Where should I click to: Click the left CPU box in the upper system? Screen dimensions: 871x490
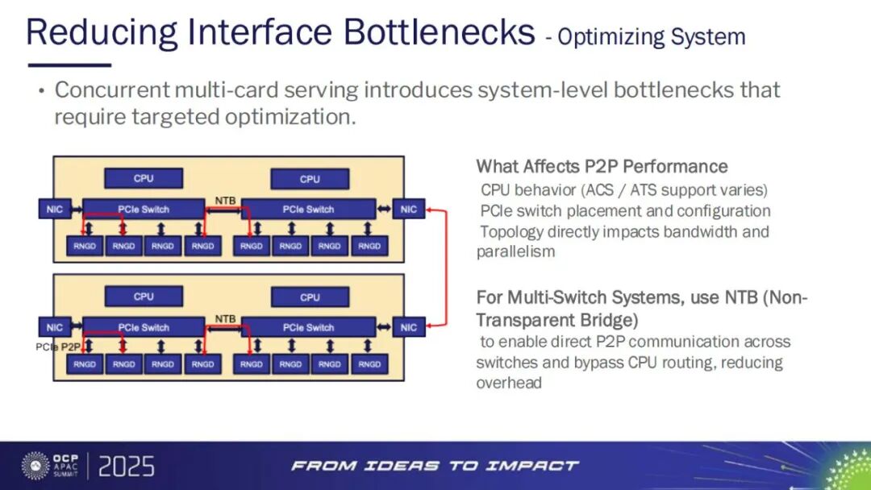pos(144,178)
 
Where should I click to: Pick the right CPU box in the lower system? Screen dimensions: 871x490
pos(310,297)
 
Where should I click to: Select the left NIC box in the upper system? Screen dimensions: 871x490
pos(54,210)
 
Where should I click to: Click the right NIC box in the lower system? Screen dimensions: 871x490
pos(409,328)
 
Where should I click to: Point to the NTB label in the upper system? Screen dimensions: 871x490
pos(225,199)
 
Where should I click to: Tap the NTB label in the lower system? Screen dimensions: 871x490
pos(225,318)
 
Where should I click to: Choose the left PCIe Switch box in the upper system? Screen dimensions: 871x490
pos(144,210)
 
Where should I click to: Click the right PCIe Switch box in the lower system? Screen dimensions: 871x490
pos(308,328)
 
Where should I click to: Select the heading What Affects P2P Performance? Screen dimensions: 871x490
pos(602,167)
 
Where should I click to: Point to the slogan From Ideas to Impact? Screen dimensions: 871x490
pos(435,466)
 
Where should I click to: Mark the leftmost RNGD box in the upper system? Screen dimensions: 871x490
pos(85,246)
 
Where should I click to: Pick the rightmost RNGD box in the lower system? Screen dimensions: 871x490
pos(369,364)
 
